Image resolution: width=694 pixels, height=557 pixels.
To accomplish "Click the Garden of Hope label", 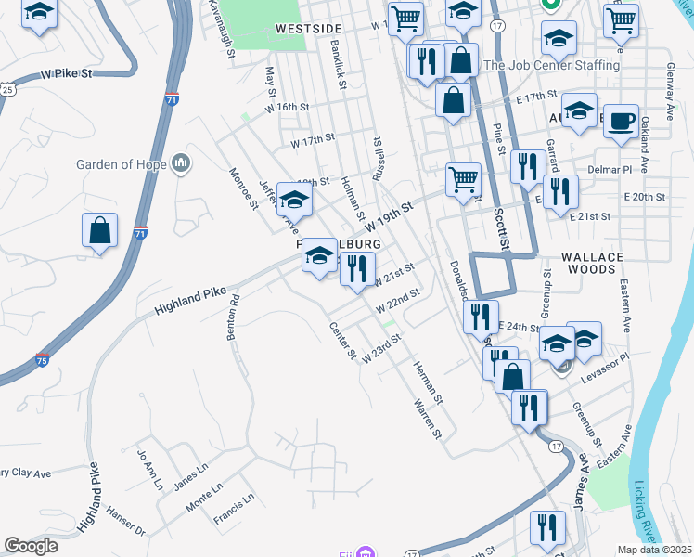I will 122,165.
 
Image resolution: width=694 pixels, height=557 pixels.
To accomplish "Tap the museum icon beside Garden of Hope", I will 181,164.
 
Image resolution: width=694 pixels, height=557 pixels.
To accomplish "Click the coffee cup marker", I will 621,121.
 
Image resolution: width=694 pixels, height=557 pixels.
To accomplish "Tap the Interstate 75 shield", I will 42,359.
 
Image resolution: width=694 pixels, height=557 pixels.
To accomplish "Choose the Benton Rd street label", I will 234,318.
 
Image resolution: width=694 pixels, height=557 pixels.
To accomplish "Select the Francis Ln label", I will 234,507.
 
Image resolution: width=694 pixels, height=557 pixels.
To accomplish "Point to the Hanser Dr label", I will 126,525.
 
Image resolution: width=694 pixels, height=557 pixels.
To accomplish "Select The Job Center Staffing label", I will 551,65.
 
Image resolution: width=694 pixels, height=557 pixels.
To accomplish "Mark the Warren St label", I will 426,419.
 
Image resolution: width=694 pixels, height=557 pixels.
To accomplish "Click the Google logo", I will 31,546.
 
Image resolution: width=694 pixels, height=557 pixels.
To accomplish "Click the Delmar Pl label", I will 610,171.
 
